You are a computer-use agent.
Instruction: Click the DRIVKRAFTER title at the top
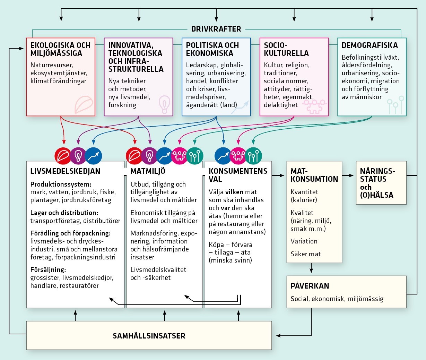(x=216, y=29)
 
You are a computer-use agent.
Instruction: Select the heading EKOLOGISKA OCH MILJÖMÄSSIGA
(x=60, y=49)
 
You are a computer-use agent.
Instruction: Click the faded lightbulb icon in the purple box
(x=164, y=103)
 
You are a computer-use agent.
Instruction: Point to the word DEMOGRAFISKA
(x=370, y=45)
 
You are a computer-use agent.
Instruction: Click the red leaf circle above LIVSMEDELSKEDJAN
(x=63, y=156)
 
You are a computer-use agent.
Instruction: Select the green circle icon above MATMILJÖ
(x=194, y=156)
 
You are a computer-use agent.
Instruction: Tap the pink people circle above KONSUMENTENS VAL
(x=238, y=156)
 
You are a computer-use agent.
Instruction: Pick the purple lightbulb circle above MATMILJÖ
(x=149, y=156)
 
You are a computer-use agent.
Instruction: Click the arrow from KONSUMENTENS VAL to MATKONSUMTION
(x=279, y=175)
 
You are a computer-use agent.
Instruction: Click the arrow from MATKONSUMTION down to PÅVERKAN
(x=311, y=268)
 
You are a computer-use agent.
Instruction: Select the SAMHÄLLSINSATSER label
(x=149, y=336)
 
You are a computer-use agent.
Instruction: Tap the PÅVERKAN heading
(x=310, y=286)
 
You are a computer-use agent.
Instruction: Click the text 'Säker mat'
(x=305, y=254)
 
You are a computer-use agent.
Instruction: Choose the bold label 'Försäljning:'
(x=48, y=269)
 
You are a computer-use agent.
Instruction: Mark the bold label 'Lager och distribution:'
(x=64, y=213)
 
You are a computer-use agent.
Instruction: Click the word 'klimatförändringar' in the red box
(x=58, y=81)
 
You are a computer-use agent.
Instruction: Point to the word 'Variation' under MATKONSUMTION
(x=304, y=241)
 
